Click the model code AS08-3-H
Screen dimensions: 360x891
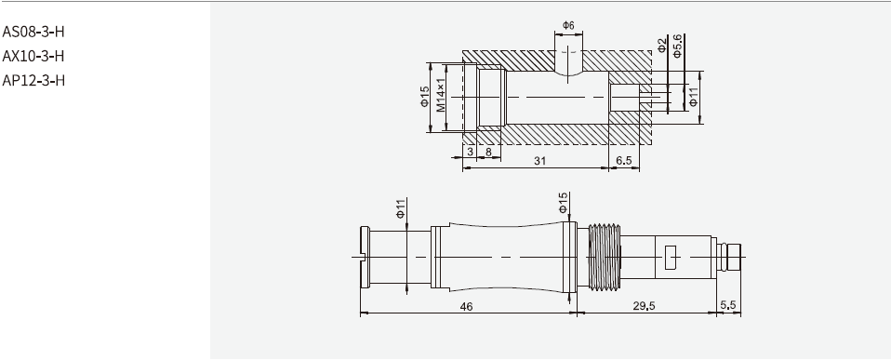(33, 32)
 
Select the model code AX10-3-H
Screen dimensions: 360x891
(33, 56)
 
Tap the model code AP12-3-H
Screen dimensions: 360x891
(33, 80)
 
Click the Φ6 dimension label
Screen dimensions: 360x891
(568, 24)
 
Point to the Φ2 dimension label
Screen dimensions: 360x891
(661, 47)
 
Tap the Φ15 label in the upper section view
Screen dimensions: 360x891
(425, 98)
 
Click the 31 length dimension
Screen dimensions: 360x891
(539, 161)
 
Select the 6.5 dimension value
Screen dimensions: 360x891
(624, 161)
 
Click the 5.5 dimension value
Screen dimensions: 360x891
(728, 305)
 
